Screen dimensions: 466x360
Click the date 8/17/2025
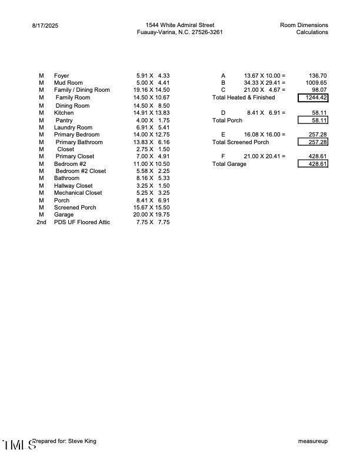tap(45, 26)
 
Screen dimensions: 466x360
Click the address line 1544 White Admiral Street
tap(180, 25)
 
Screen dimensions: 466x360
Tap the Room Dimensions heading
tap(304, 25)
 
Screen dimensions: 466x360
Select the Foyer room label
tap(61, 76)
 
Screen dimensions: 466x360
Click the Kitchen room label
tap(64, 112)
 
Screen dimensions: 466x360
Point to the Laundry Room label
tap(73, 127)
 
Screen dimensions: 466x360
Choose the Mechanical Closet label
tap(78, 193)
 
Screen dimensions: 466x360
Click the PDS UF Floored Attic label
tap(82, 222)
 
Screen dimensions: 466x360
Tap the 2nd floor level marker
tap(41, 222)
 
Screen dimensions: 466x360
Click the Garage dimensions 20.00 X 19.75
tap(151, 215)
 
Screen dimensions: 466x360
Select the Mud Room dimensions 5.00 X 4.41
tap(153, 83)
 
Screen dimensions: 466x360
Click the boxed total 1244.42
tap(313, 98)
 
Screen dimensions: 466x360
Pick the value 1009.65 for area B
tap(316, 83)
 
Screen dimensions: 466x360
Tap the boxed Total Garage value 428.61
tap(313, 164)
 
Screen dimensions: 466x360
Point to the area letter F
tap(223, 157)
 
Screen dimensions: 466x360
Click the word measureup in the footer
tap(313, 441)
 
